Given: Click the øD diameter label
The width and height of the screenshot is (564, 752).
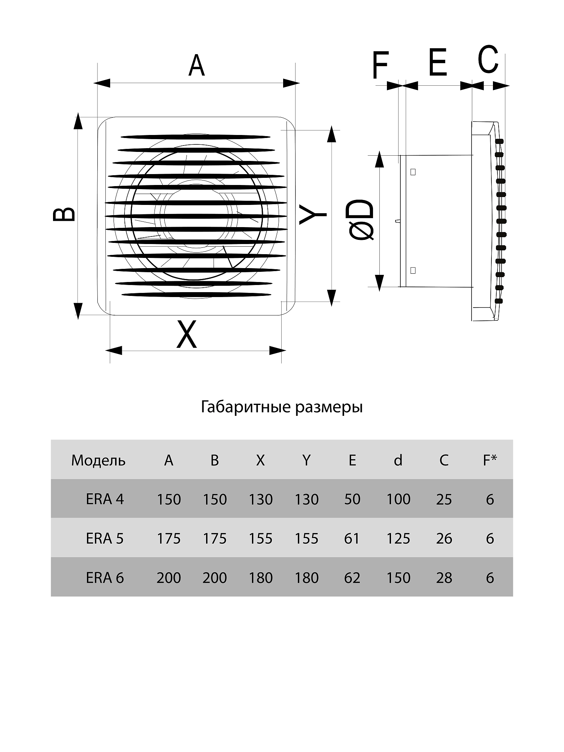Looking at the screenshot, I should click(x=362, y=220).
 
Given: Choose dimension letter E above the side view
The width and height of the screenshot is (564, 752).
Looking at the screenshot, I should click(x=437, y=62).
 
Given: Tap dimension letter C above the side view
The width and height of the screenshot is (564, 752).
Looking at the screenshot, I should click(x=488, y=59).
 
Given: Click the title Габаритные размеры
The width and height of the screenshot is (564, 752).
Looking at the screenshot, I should click(x=282, y=407).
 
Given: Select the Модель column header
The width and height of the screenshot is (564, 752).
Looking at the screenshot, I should click(x=98, y=460).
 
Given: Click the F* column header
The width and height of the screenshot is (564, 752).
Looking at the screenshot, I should click(x=490, y=460).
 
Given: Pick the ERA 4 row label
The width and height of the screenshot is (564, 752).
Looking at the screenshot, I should click(x=105, y=499).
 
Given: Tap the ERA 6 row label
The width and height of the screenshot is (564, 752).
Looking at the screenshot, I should click(x=105, y=578).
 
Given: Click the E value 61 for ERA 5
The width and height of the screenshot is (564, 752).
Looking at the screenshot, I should click(x=352, y=538).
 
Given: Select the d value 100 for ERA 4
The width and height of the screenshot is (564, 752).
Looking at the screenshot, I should click(x=398, y=499).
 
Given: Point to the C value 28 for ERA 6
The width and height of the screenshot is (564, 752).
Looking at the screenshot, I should click(x=444, y=578).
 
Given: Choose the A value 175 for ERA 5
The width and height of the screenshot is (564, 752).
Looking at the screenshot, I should click(x=168, y=538).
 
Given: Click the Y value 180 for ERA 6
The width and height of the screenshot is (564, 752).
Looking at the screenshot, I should click(x=306, y=578).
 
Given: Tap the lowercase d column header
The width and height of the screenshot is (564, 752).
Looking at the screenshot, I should click(x=398, y=460).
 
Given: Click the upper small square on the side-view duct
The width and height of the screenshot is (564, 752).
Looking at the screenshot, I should click(x=413, y=172).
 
